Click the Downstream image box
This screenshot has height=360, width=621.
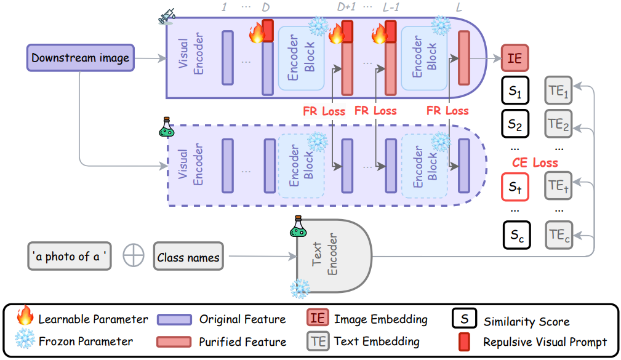click(x=80, y=58)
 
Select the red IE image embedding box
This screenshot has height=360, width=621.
click(x=515, y=58)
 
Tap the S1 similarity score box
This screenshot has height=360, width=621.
click(x=515, y=93)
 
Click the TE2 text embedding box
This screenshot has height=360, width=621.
click(x=559, y=126)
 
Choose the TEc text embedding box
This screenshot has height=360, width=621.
click(x=559, y=234)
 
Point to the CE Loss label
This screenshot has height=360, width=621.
click(x=535, y=163)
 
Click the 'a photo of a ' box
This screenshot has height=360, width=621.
click(x=70, y=256)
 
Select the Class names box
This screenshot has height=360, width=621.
click(x=188, y=257)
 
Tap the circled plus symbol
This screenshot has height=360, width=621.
click(x=133, y=256)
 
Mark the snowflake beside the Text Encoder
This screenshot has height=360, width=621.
click(x=300, y=288)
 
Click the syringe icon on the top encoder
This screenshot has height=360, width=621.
click(x=166, y=17)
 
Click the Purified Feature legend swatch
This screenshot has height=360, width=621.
click(x=175, y=342)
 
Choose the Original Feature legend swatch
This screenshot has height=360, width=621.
click(x=175, y=319)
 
